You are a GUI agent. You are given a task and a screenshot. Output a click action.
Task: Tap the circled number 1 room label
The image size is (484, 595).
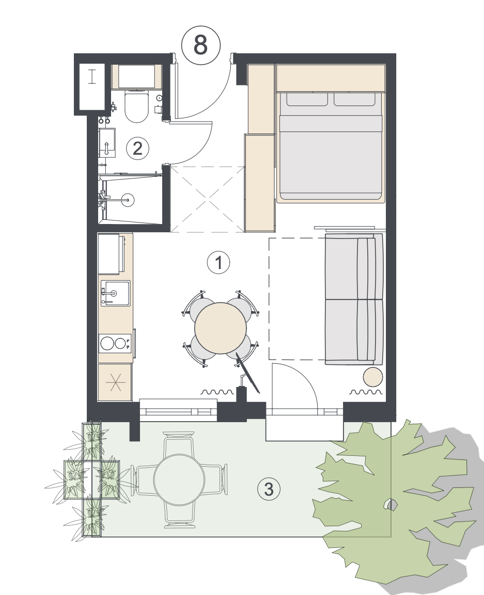[218, 262]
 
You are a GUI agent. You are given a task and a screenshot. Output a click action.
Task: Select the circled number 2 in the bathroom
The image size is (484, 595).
[137, 148]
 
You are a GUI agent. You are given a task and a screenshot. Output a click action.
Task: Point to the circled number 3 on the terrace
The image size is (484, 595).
[269, 489]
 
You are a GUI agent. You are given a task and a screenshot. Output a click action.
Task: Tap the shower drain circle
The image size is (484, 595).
[128, 199]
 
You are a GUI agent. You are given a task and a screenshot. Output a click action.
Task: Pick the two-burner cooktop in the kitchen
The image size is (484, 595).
[115, 344]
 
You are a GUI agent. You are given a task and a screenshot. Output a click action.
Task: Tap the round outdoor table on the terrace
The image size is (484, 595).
[179, 480]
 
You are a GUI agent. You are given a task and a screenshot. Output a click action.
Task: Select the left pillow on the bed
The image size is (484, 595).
[307, 99]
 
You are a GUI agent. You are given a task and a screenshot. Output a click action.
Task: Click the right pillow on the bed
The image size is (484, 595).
[354, 99]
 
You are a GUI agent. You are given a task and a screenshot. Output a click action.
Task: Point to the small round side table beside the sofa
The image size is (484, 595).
[373, 377]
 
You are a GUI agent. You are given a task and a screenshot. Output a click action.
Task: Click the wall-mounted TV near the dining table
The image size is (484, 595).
[248, 373]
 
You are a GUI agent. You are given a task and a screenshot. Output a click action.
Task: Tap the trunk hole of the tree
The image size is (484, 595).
[390, 504]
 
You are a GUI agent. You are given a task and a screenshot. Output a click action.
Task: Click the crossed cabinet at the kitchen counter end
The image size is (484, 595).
[115, 382]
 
